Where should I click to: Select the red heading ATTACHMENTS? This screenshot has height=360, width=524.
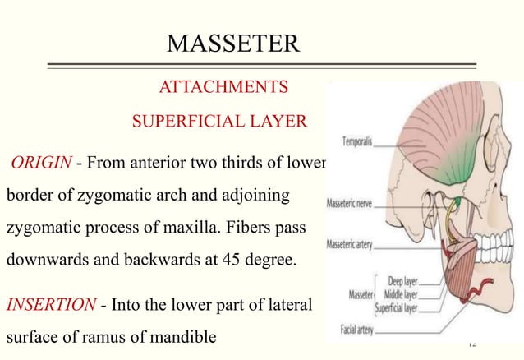(x=223, y=87)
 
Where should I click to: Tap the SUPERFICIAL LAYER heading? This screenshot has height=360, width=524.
(x=219, y=123)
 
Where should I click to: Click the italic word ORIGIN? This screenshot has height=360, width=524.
(x=40, y=161)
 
